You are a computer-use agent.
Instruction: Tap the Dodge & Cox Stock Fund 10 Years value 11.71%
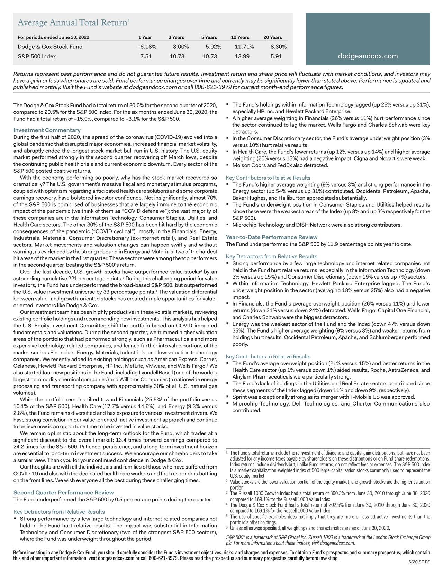click(x=244, y=47)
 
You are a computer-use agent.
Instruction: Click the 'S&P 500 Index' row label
click(x=37, y=56)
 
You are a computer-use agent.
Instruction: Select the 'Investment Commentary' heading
click(x=47, y=130)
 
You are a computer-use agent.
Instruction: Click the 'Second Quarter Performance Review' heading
click(x=63, y=492)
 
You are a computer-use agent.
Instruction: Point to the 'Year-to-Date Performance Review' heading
click(x=271, y=237)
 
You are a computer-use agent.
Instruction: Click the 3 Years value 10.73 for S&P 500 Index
click(x=177, y=56)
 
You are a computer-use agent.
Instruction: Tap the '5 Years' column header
click(x=209, y=37)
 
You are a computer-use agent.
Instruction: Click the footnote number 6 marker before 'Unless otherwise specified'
click(x=226, y=527)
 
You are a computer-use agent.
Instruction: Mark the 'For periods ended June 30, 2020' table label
click(x=53, y=37)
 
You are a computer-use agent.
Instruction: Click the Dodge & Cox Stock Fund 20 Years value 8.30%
click(x=278, y=47)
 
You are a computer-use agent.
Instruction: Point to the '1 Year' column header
click(x=145, y=37)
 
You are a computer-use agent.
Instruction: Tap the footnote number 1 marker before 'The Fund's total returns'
click(x=226, y=452)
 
